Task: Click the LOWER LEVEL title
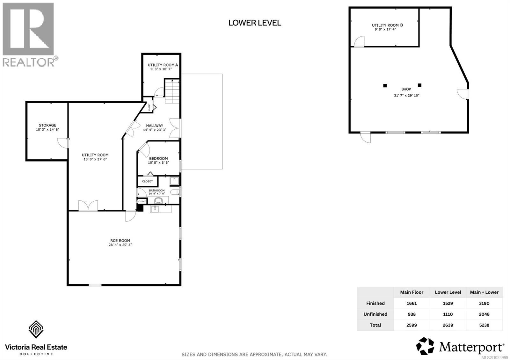click(255, 23)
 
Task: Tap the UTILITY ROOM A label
click(163, 65)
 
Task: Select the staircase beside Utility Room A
click(172, 91)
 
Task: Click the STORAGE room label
click(47, 126)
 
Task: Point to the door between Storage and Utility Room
click(63, 143)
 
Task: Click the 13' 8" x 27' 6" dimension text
click(95, 159)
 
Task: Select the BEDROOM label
click(158, 159)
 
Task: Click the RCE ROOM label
click(120, 241)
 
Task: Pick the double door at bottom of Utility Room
click(88, 205)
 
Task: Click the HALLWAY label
click(155, 126)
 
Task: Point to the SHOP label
click(406, 90)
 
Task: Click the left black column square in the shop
click(385, 85)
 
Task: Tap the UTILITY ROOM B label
click(387, 25)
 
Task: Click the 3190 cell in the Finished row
click(484, 303)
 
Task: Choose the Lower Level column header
click(448, 292)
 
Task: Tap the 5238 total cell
click(484, 325)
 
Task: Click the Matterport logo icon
click(425, 346)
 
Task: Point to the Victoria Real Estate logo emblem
click(36, 330)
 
